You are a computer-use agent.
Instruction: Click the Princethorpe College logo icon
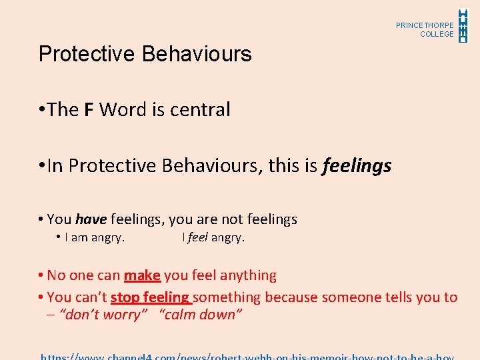[463, 25]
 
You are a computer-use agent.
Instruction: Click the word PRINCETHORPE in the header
[425, 25]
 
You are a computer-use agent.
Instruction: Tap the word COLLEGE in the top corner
[437, 34]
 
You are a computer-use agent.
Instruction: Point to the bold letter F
[89, 109]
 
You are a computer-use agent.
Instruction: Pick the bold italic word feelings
[357, 165]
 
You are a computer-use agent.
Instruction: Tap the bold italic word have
[91, 219]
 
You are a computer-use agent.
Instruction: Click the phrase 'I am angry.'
[95, 237]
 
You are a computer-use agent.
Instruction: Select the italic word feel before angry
[197, 237]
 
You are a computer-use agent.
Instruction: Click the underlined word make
[141, 275]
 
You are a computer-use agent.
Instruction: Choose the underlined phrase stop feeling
[150, 297]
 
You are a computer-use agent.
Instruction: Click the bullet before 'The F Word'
[41, 109]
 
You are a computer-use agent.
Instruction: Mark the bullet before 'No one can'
[41, 275]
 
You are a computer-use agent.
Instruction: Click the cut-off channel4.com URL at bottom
[247, 356]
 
